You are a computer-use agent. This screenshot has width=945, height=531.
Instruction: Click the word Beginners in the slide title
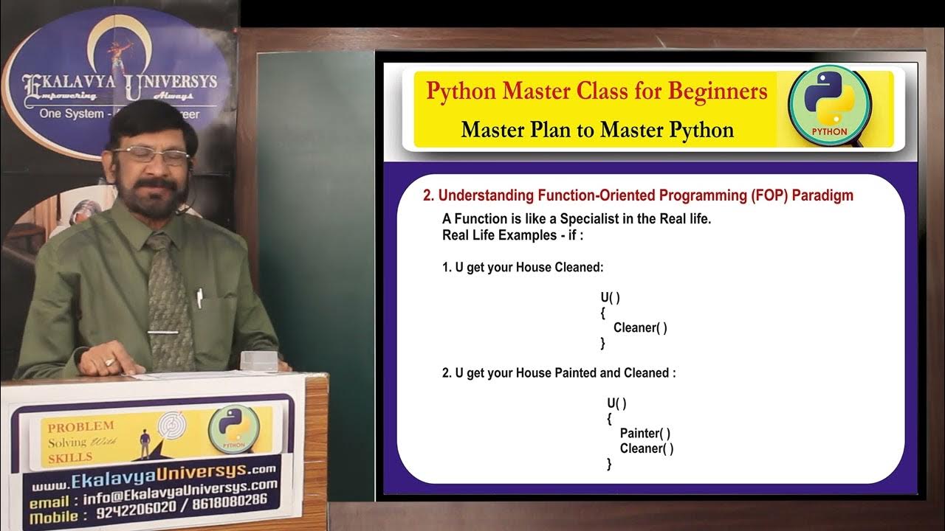[x=718, y=91]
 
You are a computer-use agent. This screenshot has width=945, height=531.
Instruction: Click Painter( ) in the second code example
[x=645, y=433]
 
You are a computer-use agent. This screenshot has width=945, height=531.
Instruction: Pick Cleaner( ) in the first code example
[x=640, y=327]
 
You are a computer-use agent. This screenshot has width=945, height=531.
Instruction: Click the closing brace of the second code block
[x=609, y=464]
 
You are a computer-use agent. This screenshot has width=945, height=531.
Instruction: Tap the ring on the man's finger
[x=109, y=362]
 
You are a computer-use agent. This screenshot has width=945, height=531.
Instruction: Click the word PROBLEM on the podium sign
[x=80, y=426]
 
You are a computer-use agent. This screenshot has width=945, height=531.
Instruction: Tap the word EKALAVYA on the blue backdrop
[x=70, y=81]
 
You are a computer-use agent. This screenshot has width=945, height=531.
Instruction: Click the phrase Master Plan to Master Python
[x=597, y=130]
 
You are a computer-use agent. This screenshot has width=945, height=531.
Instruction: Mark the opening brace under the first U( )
[x=602, y=313]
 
